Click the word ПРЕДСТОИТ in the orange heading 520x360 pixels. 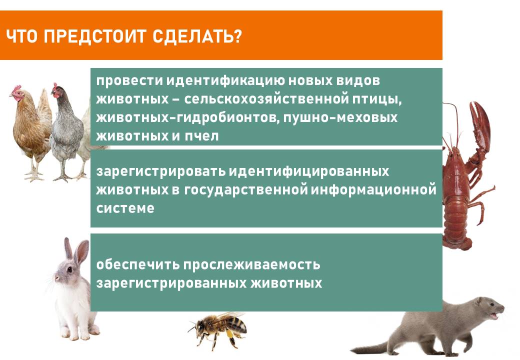coord(95,36)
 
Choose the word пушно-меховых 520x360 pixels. coord(340,118)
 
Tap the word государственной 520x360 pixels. coord(245,190)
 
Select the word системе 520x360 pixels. coord(125,208)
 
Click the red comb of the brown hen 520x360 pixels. coord(16,88)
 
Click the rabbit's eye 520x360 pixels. coord(69,269)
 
